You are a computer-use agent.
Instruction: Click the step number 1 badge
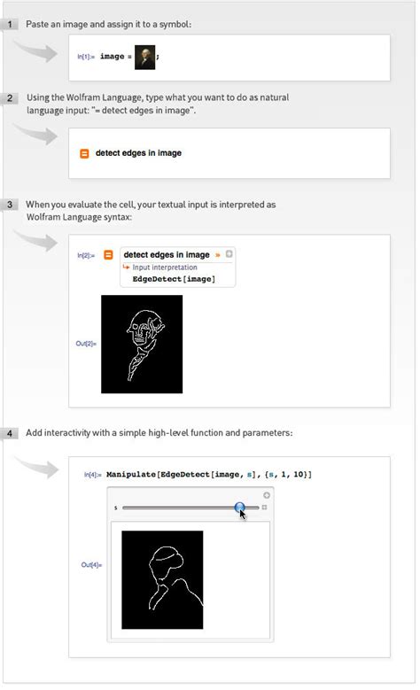[10, 24]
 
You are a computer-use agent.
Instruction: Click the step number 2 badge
[10, 97]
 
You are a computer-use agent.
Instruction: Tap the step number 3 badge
[10, 205]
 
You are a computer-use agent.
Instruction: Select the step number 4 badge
[10, 433]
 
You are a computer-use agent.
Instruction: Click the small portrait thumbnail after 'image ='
[144, 56]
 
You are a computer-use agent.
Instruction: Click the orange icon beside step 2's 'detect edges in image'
[85, 153]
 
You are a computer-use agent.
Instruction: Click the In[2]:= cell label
[86, 256]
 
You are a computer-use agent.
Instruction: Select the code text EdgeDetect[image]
[173, 279]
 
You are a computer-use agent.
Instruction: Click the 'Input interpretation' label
[165, 267]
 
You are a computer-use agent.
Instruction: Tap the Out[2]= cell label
[86, 344]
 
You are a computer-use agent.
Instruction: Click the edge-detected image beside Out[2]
[142, 344]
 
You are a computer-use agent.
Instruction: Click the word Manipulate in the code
[130, 475]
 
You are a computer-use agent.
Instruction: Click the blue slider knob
[240, 508]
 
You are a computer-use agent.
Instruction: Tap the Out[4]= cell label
[92, 564]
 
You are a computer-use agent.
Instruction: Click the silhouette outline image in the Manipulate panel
[162, 579]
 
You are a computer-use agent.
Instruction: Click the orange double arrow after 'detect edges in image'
[218, 255]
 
